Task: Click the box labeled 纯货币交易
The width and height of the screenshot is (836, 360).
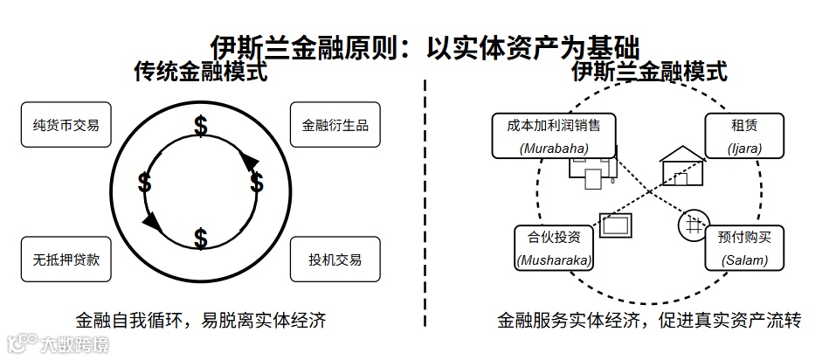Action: click(x=66, y=125)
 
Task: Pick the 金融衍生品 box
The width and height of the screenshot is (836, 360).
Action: click(x=335, y=125)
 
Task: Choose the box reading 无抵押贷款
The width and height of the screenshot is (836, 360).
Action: click(x=66, y=259)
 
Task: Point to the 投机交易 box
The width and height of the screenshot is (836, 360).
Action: click(x=335, y=259)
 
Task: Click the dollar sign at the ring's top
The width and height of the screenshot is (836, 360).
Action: click(x=201, y=128)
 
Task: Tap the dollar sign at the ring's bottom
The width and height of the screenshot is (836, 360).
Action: click(x=201, y=238)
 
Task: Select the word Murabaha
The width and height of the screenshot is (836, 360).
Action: click(x=553, y=148)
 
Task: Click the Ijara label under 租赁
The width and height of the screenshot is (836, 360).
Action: click(x=744, y=148)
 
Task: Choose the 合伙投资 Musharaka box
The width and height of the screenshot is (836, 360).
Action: click(x=554, y=248)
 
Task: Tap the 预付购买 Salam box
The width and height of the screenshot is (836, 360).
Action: click(x=744, y=248)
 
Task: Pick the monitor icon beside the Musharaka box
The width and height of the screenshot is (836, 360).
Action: click(x=616, y=225)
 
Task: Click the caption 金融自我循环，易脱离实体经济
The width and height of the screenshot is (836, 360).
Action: click(x=201, y=320)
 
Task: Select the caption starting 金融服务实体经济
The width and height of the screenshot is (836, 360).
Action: click(x=649, y=320)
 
